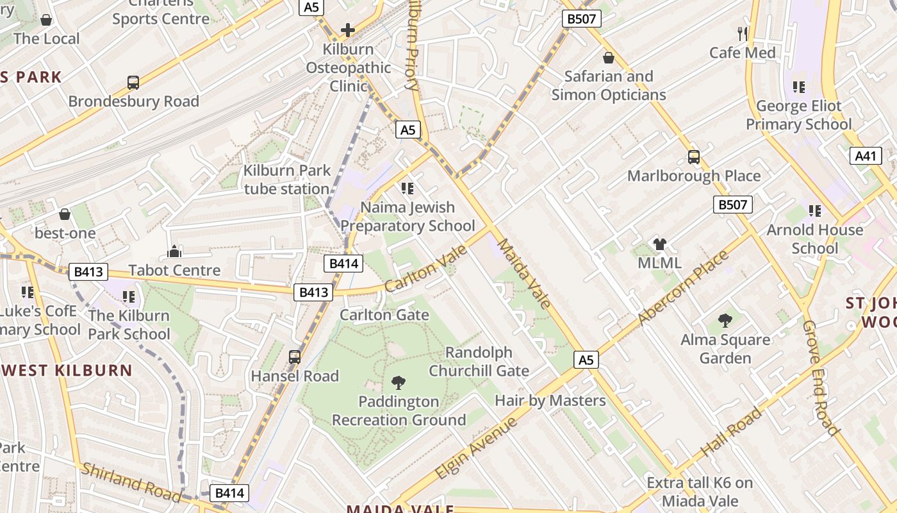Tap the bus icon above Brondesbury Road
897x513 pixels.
tap(133, 83)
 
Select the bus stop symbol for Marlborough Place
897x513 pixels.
tap(693, 157)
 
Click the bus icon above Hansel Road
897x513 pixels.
tap(295, 357)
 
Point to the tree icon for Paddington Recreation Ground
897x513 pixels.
tap(398, 383)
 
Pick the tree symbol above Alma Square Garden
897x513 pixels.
tap(725, 321)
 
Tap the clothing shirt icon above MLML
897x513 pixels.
tap(660, 244)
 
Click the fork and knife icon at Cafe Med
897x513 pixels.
tap(743, 34)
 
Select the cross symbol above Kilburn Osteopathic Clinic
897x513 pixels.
tap(348, 30)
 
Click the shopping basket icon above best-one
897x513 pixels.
tap(65, 214)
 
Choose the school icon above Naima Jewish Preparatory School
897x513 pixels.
tap(407, 189)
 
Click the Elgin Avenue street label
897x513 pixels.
tap(476, 448)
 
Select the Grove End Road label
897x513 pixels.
tap(821, 378)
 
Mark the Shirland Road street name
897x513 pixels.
tap(131, 482)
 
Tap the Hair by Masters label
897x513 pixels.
tap(550, 401)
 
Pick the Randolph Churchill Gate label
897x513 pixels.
tap(479, 362)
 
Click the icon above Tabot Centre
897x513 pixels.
tap(174, 251)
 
